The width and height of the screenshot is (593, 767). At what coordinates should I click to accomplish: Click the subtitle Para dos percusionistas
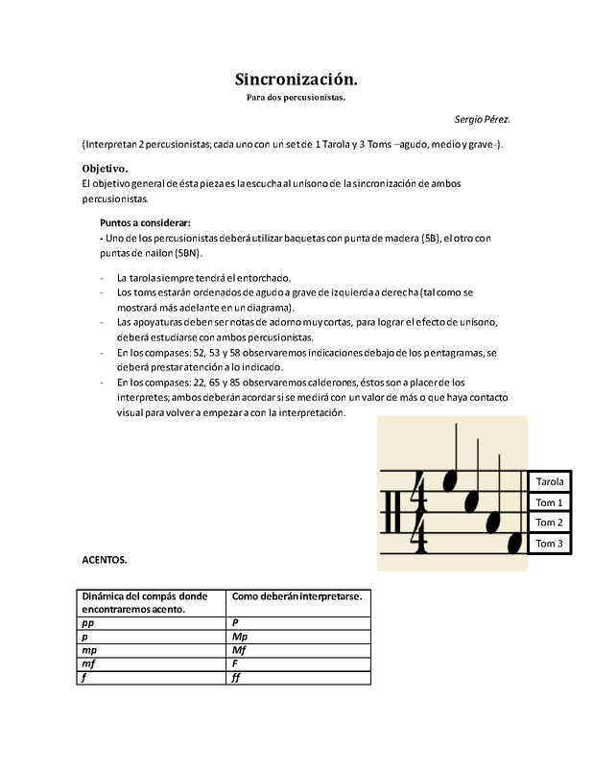(296, 98)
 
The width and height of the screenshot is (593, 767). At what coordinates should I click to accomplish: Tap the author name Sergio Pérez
(483, 120)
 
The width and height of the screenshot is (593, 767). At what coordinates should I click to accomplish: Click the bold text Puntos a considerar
(145, 222)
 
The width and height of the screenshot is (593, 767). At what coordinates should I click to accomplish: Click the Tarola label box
(550, 481)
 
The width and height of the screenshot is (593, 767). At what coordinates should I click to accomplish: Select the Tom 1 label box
(550, 502)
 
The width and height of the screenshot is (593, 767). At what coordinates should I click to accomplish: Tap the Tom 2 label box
(550, 523)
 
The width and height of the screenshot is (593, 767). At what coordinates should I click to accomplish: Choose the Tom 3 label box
(550, 544)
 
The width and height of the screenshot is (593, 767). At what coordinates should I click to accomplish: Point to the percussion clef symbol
(392, 513)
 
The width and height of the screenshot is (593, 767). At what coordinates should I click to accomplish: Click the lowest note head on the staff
(514, 543)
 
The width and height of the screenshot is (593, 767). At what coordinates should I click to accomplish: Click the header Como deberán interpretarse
(296, 596)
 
